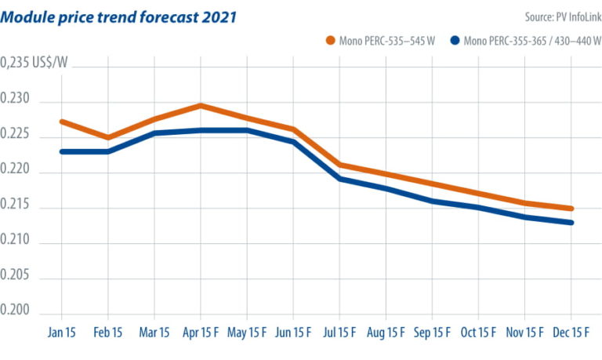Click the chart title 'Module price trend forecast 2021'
(x=118, y=16)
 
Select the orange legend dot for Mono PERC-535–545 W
(x=330, y=40)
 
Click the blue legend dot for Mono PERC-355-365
(x=455, y=40)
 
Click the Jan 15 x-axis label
(x=62, y=332)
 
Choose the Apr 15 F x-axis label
(x=201, y=332)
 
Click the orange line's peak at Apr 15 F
(x=201, y=105)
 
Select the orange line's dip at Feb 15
(x=108, y=137)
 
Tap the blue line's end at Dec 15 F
(x=571, y=223)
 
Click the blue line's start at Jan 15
(x=62, y=151)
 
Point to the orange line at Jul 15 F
(x=339, y=165)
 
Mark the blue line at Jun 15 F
(x=293, y=141)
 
